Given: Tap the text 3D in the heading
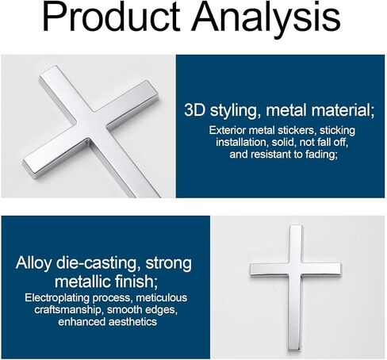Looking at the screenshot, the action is [194, 109].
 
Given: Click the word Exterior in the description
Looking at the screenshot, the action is [228, 130].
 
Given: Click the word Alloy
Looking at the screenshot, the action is [33, 263].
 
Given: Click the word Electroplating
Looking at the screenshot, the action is [57, 298].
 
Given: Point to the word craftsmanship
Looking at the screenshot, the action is [69, 310].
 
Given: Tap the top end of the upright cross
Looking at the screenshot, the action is [296, 225].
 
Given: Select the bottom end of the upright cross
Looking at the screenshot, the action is [294, 350].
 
